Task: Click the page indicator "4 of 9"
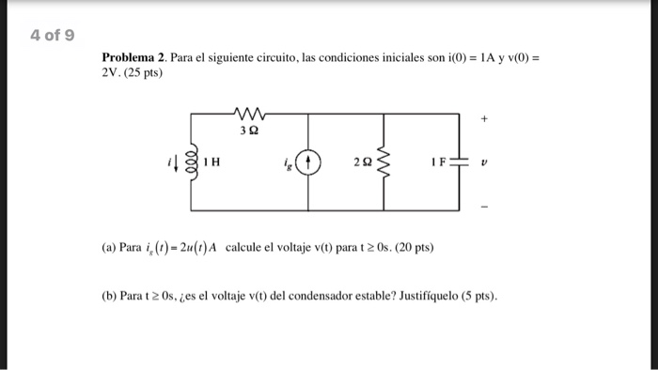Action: point(52,36)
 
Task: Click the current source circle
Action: point(311,162)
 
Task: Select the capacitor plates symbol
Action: point(459,162)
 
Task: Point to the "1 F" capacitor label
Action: point(438,162)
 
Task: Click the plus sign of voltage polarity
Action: point(484,121)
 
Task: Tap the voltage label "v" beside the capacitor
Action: point(485,162)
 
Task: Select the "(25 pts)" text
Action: point(144,73)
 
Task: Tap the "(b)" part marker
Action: point(109,297)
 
